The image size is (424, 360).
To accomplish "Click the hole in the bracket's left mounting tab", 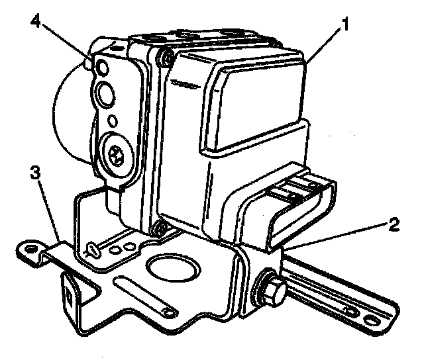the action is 29,249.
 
